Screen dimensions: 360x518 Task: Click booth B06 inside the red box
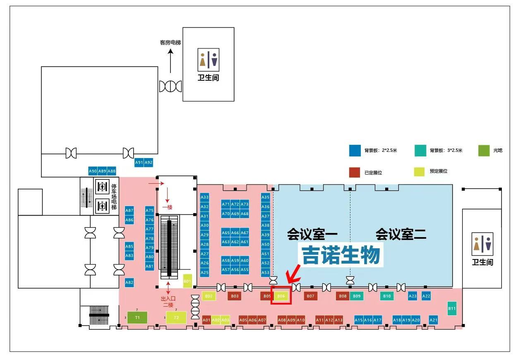281,296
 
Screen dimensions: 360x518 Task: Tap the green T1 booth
137,317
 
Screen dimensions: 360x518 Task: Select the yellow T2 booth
176,317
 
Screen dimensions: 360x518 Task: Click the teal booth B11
452,308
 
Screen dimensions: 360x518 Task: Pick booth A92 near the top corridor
149,163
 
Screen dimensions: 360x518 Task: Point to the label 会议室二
400,235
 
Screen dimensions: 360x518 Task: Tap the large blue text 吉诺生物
341,255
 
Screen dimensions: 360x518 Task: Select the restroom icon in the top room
208,60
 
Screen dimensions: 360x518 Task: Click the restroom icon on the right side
482,244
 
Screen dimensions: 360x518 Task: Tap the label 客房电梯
170,43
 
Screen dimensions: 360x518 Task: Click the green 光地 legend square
484,151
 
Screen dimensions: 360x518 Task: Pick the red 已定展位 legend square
354,172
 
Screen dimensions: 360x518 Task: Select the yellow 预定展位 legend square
420,171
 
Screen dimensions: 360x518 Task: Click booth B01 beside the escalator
187,281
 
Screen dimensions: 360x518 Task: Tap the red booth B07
311,296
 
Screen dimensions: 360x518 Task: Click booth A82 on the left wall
129,283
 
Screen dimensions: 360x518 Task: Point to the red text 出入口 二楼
168,301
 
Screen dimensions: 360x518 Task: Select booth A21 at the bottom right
433,320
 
